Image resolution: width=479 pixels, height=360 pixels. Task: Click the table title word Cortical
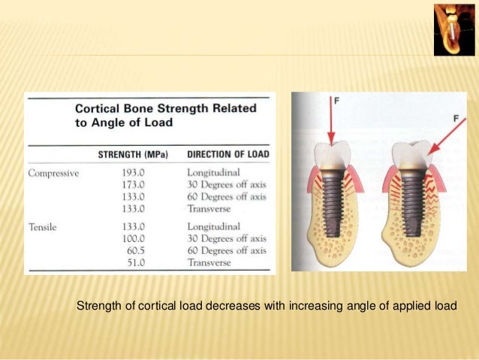(98, 108)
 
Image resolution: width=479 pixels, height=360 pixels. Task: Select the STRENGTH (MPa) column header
(133, 156)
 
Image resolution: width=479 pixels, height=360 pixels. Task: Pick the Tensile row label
(43, 225)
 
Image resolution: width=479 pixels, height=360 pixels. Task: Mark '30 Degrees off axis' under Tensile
(226, 237)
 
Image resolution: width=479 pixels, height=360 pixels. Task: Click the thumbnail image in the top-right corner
(454, 29)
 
